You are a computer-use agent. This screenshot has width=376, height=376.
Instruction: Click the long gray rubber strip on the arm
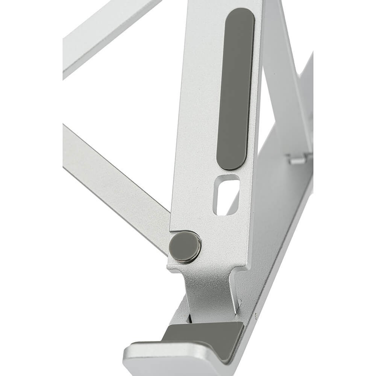click(236, 88)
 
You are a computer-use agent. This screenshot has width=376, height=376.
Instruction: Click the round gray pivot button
click(185, 247)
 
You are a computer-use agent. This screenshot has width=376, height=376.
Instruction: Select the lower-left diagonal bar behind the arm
click(113, 180)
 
